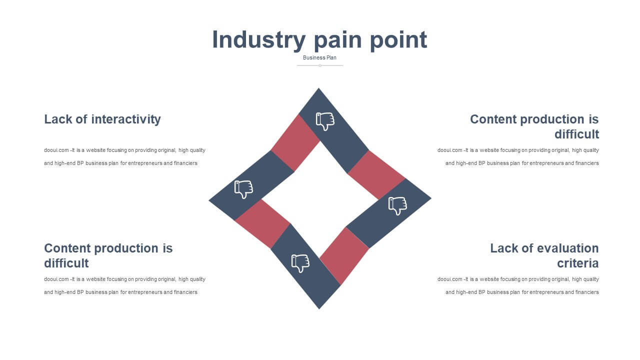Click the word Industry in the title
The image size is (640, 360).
pyautogui.click(x=259, y=40)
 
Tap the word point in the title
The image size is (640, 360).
pyautogui.click(x=398, y=40)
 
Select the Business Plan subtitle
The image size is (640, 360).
pyautogui.click(x=319, y=57)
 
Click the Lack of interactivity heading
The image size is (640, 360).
pyautogui.click(x=102, y=119)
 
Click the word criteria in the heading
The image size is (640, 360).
pyautogui.click(x=577, y=263)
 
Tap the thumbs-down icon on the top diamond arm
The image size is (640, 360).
pyautogui.click(x=325, y=121)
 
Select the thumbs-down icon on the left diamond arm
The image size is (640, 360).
pyautogui.click(x=243, y=189)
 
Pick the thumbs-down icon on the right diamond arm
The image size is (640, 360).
pyautogui.click(x=397, y=205)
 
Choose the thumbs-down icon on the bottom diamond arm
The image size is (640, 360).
pyautogui.click(x=300, y=263)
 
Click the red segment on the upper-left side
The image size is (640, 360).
pyautogui.click(x=295, y=143)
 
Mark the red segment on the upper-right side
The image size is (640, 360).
pyautogui.click(x=376, y=175)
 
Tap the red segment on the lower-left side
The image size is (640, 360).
pyautogui.click(x=262, y=223)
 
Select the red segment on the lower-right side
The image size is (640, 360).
pyautogui.click(x=344, y=256)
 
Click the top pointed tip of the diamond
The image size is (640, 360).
pyautogui.click(x=318, y=88)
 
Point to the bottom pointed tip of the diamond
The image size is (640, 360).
pyautogui.click(x=319, y=308)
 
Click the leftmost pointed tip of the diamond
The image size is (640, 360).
pyautogui.click(x=209, y=200)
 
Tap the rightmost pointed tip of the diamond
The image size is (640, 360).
pyautogui.click(x=431, y=197)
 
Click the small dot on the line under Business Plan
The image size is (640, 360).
pyautogui.click(x=320, y=65)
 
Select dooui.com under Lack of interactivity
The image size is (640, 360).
pyautogui.click(x=56, y=150)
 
